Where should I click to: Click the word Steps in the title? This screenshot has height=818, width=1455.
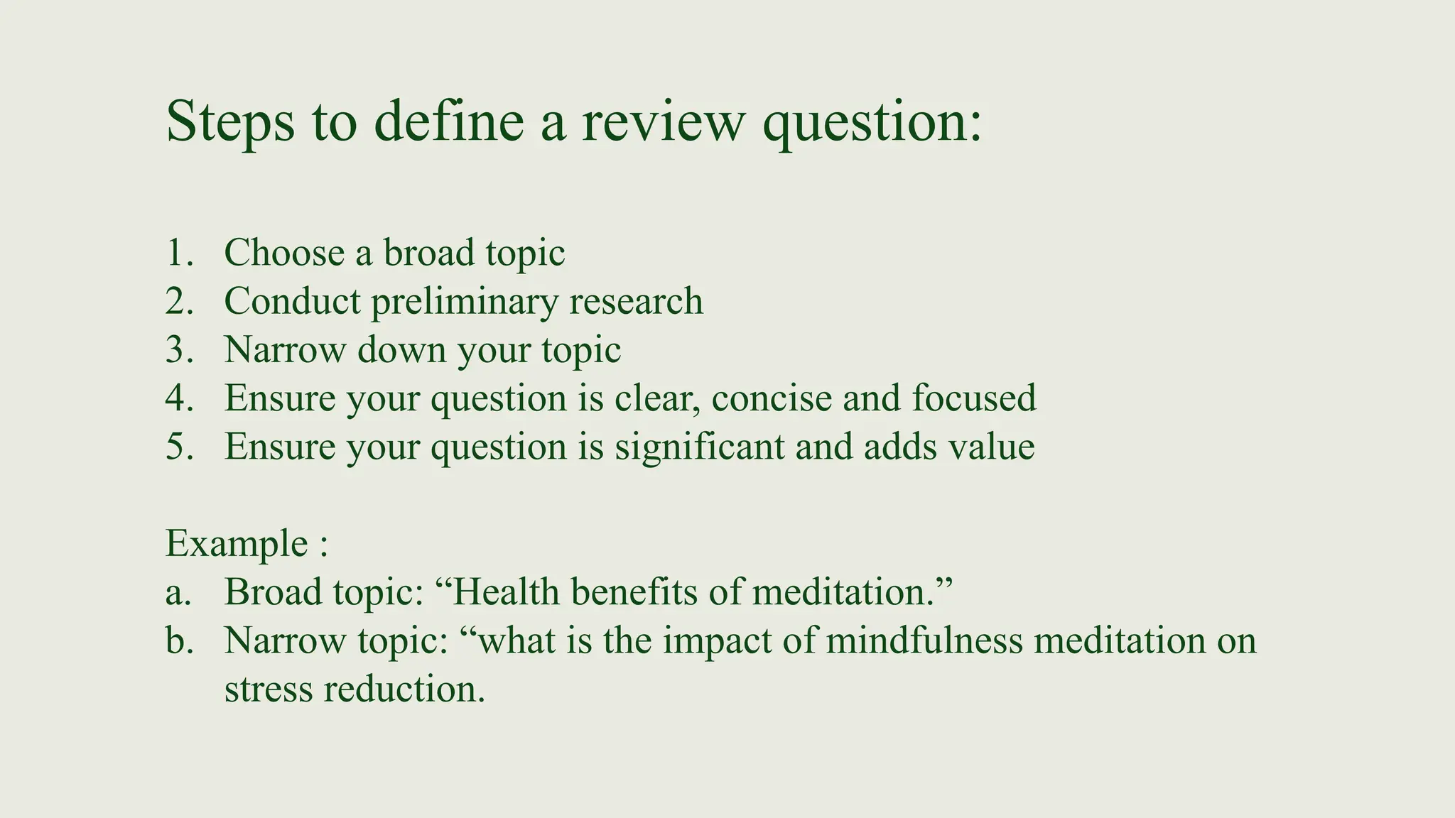click(x=229, y=121)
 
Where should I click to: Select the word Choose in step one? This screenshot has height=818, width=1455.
click(x=284, y=253)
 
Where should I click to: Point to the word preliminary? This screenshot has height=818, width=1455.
click(x=464, y=301)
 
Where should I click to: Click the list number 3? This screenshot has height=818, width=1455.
click(x=178, y=349)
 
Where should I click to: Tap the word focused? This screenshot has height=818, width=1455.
click(x=974, y=398)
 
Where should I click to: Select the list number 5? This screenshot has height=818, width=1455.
click(x=178, y=447)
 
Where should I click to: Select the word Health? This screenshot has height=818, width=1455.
click(x=505, y=592)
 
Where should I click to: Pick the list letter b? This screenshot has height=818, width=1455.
click(x=178, y=640)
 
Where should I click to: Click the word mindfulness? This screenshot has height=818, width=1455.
click(x=924, y=640)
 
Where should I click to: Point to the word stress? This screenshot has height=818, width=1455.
click(x=268, y=689)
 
